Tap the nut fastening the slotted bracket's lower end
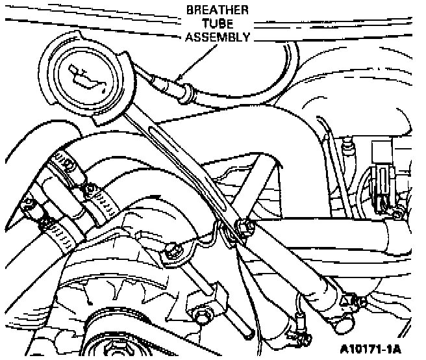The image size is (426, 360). [246, 227]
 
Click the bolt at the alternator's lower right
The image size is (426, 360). [199, 316]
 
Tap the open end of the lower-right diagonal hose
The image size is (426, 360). [247, 331]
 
